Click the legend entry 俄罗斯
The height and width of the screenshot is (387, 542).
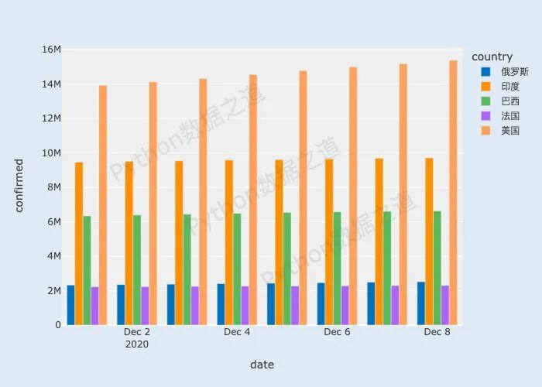pyautogui.click(x=514, y=71)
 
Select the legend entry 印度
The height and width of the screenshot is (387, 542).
pyautogui.click(x=509, y=86)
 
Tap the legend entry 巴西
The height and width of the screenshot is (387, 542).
pyautogui.click(x=509, y=101)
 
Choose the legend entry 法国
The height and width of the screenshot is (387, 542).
pyautogui.click(x=509, y=115)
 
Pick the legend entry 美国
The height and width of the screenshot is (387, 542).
pyautogui.click(x=509, y=130)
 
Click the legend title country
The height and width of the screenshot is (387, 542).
pyautogui.click(x=492, y=57)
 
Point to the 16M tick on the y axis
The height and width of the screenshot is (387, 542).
pyautogui.click(x=51, y=50)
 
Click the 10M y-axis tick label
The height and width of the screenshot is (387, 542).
pyautogui.click(x=51, y=152)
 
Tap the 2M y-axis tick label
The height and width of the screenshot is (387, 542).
pyautogui.click(x=53, y=290)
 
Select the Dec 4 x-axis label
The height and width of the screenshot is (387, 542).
pyautogui.click(x=237, y=332)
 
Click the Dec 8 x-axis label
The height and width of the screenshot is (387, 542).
pyautogui.click(x=437, y=332)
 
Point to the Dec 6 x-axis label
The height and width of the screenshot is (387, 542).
pyautogui.click(x=337, y=332)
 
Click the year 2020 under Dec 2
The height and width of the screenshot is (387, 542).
pyautogui.click(x=136, y=344)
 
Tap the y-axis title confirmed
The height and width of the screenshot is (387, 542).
pyautogui.click(x=19, y=185)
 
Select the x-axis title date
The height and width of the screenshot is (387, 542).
pyautogui.click(x=262, y=365)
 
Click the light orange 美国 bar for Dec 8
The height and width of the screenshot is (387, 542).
pyautogui.click(x=454, y=193)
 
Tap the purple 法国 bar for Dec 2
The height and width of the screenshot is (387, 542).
pyautogui.click(x=145, y=306)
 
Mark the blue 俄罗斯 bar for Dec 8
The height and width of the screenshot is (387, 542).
pyautogui.click(x=421, y=303)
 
